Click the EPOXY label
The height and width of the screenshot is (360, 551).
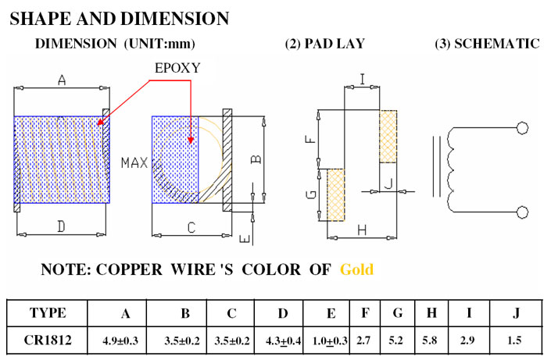click(x=177, y=68)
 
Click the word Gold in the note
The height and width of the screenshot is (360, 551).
click(x=356, y=269)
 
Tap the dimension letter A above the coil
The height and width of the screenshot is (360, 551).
click(x=62, y=80)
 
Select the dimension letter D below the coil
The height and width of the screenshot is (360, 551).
click(x=61, y=226)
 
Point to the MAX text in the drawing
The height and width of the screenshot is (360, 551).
click(x=134, y=163)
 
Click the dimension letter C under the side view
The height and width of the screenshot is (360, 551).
click(x=191, y=227)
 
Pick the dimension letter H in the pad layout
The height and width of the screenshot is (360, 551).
click(x=362, y=230)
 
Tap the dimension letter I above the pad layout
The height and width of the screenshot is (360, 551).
click(x=363, y=79)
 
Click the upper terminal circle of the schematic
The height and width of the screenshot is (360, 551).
click(x=522, y=128)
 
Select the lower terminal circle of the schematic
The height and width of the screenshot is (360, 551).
click(x=522, y=212)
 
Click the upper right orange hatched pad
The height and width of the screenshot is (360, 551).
click(x=388, y=137)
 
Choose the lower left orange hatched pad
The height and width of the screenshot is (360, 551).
click(x=336, y=195)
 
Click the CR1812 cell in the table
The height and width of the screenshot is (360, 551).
click(x=48, y=340)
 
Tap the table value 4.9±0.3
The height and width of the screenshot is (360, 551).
click(x=120, y=340)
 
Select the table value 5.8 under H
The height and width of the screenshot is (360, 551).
click(x=430, y=340)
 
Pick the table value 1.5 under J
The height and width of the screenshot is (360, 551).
click(x=514, y=340)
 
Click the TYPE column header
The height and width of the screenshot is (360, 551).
click(x=48, y=313)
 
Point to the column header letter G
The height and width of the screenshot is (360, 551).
click(x=398, y=312)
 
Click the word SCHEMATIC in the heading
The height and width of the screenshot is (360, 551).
click(x=497, y=44)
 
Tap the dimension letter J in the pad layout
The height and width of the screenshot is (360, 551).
click(x=388, y=184)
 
